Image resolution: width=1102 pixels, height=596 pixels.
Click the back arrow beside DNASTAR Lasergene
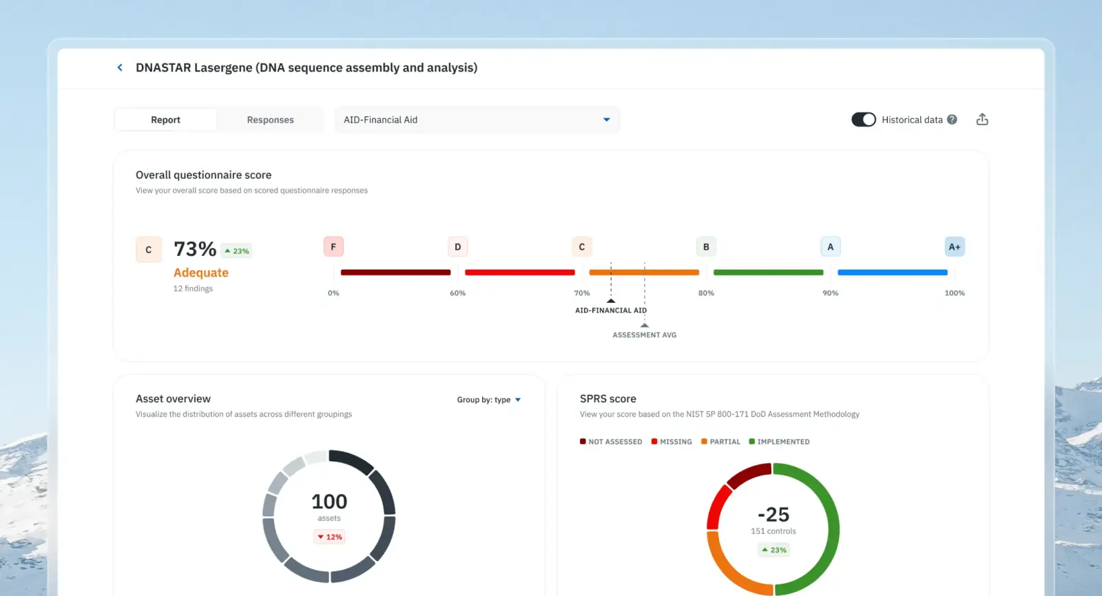pyautogui.click(x=120, y=67)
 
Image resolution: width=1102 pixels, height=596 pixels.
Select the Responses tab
pyautogui.click(x=270, y=120)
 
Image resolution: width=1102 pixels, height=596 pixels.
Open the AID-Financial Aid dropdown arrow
pyautogui.click(x=607, y=120)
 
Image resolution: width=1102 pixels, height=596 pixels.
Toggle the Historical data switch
pyautogui.click(x=864, y=120)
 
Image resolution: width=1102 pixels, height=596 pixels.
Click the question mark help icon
pyautogui.click(x=952, y=120)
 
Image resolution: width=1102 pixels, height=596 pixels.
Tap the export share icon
pyautogui.click(x=982, y=120)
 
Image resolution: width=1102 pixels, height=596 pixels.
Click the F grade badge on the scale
pyautogui.click(x=333, y=247)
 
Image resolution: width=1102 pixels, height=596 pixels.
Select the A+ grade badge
pyautogui.click(x=955, y=247)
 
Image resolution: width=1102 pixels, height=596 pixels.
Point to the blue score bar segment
pyautogui.click(x=893, y=273)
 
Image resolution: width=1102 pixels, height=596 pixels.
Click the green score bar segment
pyautogui.click(x=769, y=273)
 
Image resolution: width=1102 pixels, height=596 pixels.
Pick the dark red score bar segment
pyautogui.click(x=395, y=273)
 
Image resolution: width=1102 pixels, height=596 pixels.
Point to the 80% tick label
pyautogui.click(x=706, y=293)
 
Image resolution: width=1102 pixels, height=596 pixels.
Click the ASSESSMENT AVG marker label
pyautogui.click(x=645, y=335)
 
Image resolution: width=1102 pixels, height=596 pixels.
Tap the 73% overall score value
pyautogui.click(x=195, y=249)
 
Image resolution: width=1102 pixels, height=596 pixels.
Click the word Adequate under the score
pyautogui.click(x=200, y=273)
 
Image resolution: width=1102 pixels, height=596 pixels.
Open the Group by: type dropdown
pyautogui.click(x=488, y=400)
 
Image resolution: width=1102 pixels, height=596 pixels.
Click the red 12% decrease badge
pyautogui.click(x=329, y=537)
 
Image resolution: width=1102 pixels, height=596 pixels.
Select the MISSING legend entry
pyautogui.click(x=672, y=442)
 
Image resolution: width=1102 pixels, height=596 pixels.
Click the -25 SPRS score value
pyautogui.click(x=773, y=514)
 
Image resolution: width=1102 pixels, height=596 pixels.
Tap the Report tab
pyautogui.click(x=165, y=120)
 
